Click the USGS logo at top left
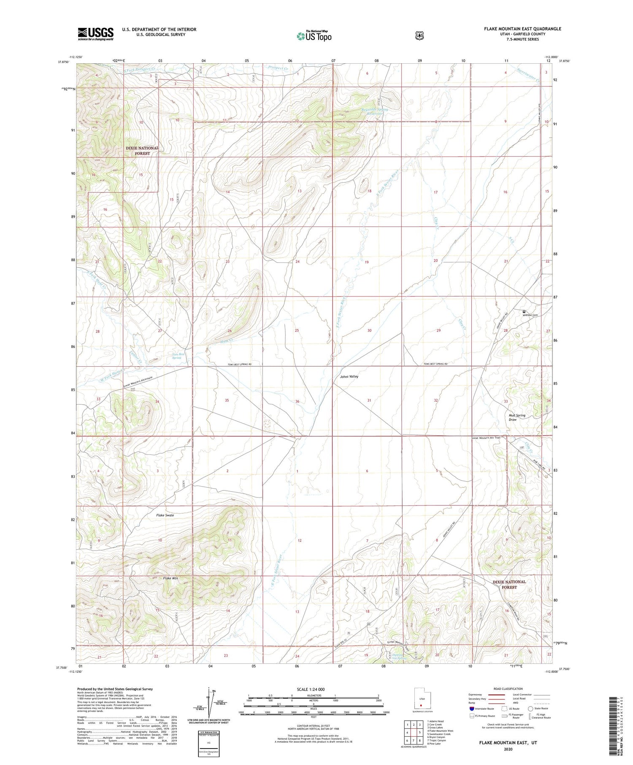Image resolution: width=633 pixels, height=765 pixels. tap(95, 34)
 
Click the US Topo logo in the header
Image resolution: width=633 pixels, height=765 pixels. tap(314, 36)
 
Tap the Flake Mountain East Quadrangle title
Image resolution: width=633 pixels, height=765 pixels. tap(522, 29)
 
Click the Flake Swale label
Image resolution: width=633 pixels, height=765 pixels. tap(165, 515)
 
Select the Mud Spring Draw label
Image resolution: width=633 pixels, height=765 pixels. tap(517, 417)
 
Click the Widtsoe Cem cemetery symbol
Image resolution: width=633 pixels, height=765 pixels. tap(524, 312)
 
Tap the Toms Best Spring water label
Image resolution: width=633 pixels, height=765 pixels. tap(176, 356)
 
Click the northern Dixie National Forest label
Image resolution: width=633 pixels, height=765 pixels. tap(142, 151)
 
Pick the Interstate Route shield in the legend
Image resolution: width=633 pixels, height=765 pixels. tap(471, 708)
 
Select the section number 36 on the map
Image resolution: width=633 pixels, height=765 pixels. tap(297, 401)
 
